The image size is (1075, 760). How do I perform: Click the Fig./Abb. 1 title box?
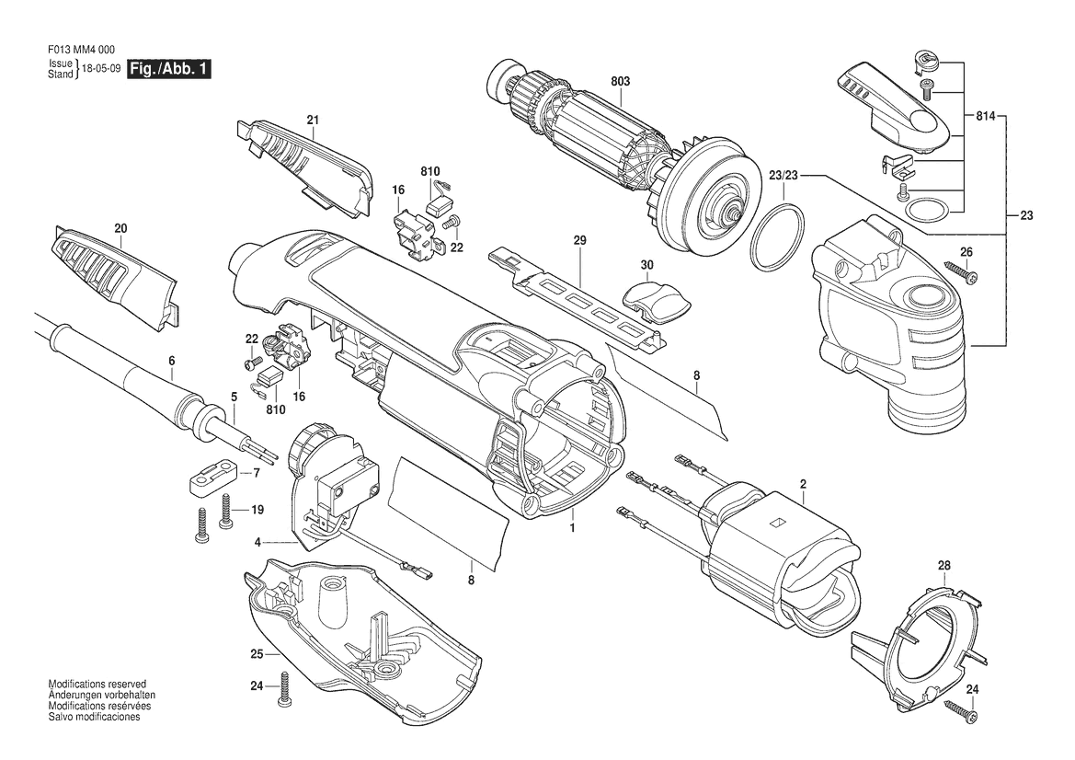pyautogui.click(x=169, y=69)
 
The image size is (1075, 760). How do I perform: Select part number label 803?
pyautogui.click(x=620, y=81)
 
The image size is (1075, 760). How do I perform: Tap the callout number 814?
pyautogui.click(x=986, y=117)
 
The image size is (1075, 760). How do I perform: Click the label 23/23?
pyautogui.click(x=783, y=176)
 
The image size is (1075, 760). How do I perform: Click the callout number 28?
pyautogui.click(x=944, y=565)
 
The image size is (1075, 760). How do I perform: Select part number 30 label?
pyautogui.click(x=647, y=264)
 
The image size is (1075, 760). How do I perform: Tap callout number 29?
pyautogui.click(x=580, y=240)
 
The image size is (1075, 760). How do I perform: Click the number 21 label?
pyautogui.click(x=314, y=120)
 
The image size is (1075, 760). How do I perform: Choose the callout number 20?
pyautogui.click(x=121, y=228)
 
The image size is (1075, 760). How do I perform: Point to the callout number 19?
pyautogui.click(x=257, y=510)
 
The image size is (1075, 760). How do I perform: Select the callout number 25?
pyautogui.click(x=257, y=654)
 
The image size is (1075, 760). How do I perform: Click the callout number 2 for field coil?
pyautogui.click(x=803, y=484)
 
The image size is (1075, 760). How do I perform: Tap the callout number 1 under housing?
pyautogui.click(x=573, y=528)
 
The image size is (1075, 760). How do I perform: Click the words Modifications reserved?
pyautogui.click(x=97, y=684)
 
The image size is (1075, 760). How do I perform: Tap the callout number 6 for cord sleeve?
pyautogui.click(x=171, y=361)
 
